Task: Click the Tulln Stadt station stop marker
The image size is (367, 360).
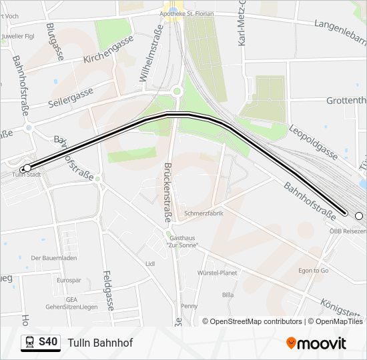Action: point(27,168)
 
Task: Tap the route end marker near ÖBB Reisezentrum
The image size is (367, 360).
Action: point(358,215)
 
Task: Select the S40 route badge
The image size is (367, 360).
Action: point(41,343)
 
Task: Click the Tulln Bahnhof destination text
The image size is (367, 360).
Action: point(100,343)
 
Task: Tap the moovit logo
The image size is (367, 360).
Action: point(316,343)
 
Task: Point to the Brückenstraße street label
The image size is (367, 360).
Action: point(168,196)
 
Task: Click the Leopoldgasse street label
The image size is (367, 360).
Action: point(314,143)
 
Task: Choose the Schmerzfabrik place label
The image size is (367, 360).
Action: point(204,213)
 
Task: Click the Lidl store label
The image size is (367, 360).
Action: point(149,263)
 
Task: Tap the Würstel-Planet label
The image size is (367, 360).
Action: point(218,273)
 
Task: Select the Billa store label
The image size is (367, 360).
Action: point(228,294)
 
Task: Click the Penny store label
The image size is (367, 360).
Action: point(190,306)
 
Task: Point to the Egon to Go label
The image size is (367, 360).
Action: point(314,271)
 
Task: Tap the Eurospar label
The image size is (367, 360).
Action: point(69,281)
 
